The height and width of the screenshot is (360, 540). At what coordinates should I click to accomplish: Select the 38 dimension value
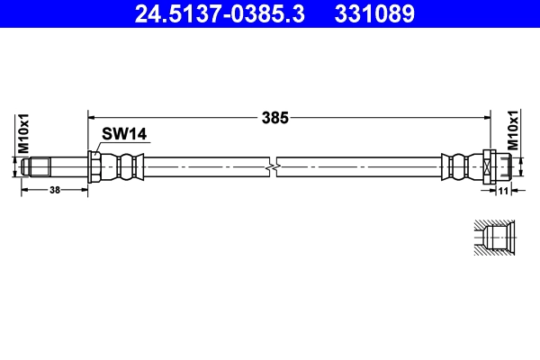[x=54, y=191]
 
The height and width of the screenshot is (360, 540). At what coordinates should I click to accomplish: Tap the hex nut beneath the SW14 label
[x=94, y=166]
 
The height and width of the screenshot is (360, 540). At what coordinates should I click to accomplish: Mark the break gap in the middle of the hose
[x=274, y=166]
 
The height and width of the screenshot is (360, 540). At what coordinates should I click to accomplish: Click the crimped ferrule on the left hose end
[x=121, y=166]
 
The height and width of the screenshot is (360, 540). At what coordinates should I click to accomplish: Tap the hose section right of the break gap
[x=360, y=166]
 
